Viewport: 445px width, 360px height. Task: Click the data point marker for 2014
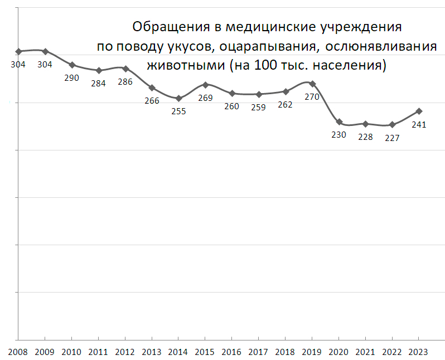[x=178, y=99]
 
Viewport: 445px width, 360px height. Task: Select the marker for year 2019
[x=312, y=84]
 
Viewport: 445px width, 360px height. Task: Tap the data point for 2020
[x=339, y=122]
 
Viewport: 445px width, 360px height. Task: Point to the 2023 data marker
[x=419, y=111]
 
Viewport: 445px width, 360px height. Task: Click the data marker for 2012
[x=125, y=69]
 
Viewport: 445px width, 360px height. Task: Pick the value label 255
[x=178, y=111]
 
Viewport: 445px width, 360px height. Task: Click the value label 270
[x=312, y=96]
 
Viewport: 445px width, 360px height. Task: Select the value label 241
[x=419, y=125]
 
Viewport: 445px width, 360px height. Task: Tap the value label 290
[x=71, y=78]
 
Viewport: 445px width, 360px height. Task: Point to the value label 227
[x=392, y=138]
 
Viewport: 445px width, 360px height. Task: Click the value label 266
[x=152, y=101]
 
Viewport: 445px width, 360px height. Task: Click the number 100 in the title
[x=264, y=65]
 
